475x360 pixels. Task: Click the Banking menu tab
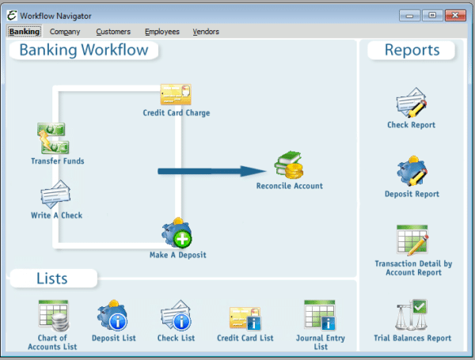coord(24,32)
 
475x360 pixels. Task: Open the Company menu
coord(65,32)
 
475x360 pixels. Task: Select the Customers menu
coord(113,32)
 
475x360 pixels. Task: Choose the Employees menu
coord(162,32)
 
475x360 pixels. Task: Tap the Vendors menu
coord(205,32)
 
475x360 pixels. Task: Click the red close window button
coord(455,14)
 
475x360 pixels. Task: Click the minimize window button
coord(410,14)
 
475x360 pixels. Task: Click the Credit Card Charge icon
coord(176,94)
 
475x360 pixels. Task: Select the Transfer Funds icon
coord(53,138)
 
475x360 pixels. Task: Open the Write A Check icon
coord(55,194)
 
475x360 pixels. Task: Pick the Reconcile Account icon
coord(289,165)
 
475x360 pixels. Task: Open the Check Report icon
coord(412,103)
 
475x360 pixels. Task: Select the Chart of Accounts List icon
coord(53,315)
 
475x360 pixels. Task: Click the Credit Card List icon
coord(245,318)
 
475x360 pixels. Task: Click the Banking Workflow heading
coord(84,51)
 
